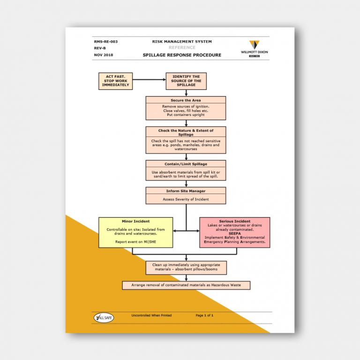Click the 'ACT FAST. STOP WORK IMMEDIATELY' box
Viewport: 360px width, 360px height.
click(115, 81)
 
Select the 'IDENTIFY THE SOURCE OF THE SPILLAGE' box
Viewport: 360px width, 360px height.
click(186, 81)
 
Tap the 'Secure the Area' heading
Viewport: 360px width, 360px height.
click(186, 100)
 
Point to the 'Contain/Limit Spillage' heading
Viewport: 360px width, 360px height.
click(186, 164)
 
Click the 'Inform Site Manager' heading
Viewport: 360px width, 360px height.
click(186, 191)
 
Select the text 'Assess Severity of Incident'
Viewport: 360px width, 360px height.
click(186, 199)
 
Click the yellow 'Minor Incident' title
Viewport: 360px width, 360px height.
click(135, 221)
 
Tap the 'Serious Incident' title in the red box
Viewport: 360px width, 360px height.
click(234, 221)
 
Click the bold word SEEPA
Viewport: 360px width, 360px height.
click(235, 233)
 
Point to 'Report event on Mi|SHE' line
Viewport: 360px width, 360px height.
click(135, 241)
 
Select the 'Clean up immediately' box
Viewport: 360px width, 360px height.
click(186, 267)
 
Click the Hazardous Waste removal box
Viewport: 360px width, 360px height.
click(186, 285)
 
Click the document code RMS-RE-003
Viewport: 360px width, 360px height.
click(105, 42)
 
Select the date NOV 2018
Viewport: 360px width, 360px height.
click(104, 55)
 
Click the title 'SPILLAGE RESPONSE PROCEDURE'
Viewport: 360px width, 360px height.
click(182, 55)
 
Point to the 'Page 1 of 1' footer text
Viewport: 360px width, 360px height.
click(204, 315)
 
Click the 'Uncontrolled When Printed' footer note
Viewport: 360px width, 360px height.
click(151, 315)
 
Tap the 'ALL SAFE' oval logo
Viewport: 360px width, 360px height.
click(104, 318)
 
